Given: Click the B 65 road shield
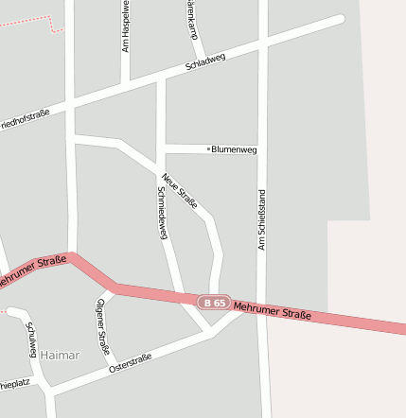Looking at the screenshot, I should pyautogui.click(x=215, y=303).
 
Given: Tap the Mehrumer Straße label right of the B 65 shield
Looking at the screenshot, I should pyautogui.click(x=272, y=308).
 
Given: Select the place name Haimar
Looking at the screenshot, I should pyautogui.click(x=61, y=355).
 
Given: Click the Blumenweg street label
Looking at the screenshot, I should pyautogui.click(x=235, y=149).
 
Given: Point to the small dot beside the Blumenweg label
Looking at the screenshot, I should pyautogui.click(x=208, y=148).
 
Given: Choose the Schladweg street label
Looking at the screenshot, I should pyautogui.click(x=205, y=63).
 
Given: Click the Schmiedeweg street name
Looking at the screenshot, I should pyautogui.click(x=162, y=212).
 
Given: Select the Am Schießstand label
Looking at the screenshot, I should pyautogui.click(x=262, y=218).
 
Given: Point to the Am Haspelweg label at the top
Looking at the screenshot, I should pyautogui.click(x=126, y=26).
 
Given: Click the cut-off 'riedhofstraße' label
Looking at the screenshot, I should pyautogui.click(x=25, y=117).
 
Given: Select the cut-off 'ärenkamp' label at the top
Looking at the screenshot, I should pyautogui.click(x=193, y=19).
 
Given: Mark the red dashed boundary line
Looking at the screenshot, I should pyautogui.click(x=28, y=20).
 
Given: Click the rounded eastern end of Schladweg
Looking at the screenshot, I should pyautogui.click(x=339, y=18).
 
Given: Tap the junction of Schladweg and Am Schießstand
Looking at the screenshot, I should pyautogui.click(x=263, y=43).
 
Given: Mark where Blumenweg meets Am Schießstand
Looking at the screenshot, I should pyautogui.click(x=263, y=148).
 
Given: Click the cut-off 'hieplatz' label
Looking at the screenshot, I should pyautogui.click(x=16, y=385).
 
